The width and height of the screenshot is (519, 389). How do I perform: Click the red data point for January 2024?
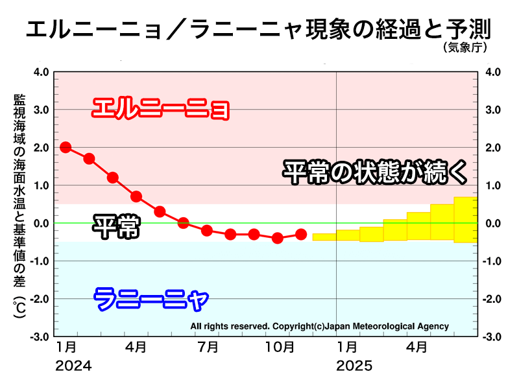66,147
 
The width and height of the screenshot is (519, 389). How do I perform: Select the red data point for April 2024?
136,196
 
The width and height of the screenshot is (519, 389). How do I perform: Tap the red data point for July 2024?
207,230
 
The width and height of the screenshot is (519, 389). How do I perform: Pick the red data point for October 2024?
278,238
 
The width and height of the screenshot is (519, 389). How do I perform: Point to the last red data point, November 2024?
301,234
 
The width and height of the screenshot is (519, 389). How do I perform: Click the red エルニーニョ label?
161,108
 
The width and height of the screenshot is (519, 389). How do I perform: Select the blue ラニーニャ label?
151,300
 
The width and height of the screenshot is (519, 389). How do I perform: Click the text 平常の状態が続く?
374,172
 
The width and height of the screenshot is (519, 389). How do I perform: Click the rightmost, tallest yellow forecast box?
466,219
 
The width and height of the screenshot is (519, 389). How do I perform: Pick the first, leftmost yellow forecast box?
324,237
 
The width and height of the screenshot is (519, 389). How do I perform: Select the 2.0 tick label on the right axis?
491,148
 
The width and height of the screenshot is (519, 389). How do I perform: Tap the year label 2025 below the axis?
354,366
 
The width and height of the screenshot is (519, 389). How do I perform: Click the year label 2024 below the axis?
73,366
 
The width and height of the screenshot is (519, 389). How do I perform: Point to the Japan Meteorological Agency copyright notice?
319,326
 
